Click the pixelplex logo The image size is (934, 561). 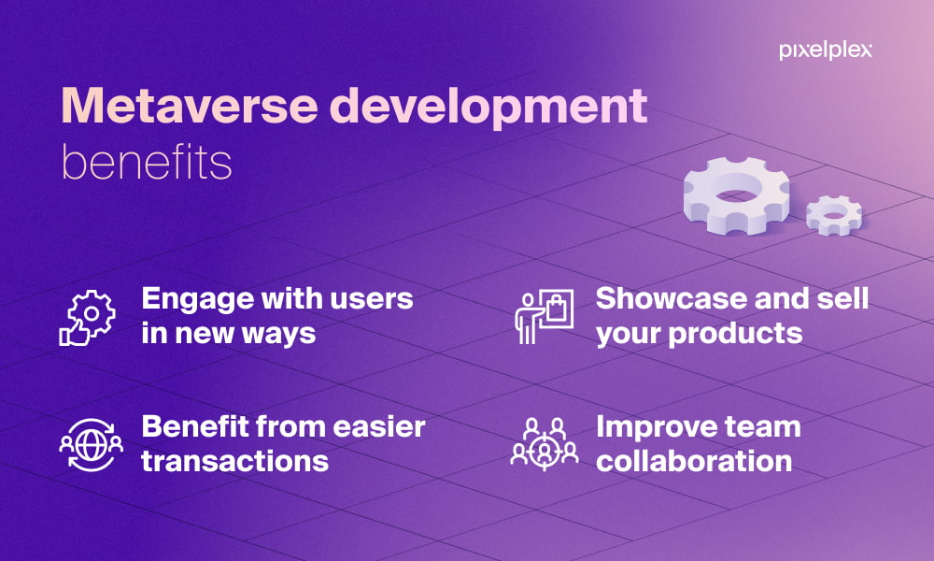[x=825, y=50]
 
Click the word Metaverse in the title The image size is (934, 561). [x=190, y=106]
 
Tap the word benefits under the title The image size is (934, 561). [x=147, y=162]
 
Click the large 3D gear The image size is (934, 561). [x=736, y=195]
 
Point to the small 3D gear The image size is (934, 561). [x=834, y=215]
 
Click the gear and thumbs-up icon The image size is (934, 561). [x=88, y=318]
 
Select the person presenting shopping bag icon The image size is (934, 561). [x=544, y=317]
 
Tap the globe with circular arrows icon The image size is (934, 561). [x=92, y=445]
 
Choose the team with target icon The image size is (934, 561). [x=545, y=444]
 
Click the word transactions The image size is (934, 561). [x=234, y=462]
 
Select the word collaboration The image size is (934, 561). [x=694, y=462]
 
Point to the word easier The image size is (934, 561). [x=379, y=427]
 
